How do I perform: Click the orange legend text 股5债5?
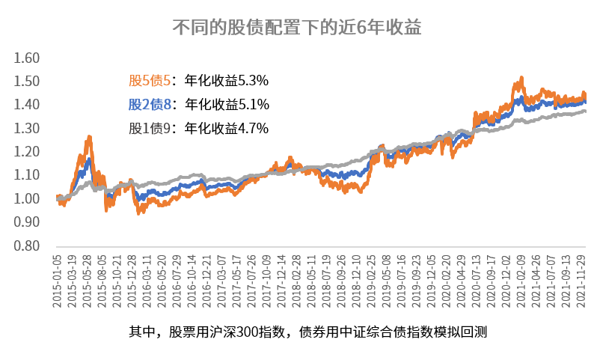coord(151,80)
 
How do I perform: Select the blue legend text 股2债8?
coord(151,104)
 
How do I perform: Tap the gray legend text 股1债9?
coord(151,128)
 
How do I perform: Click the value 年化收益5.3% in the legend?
coord(227,80)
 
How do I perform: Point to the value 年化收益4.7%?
coord(227,128)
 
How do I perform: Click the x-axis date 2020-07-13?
coord(476,278)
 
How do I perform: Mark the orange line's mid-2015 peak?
coord(90,137)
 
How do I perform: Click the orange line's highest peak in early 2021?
coord(521,77)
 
